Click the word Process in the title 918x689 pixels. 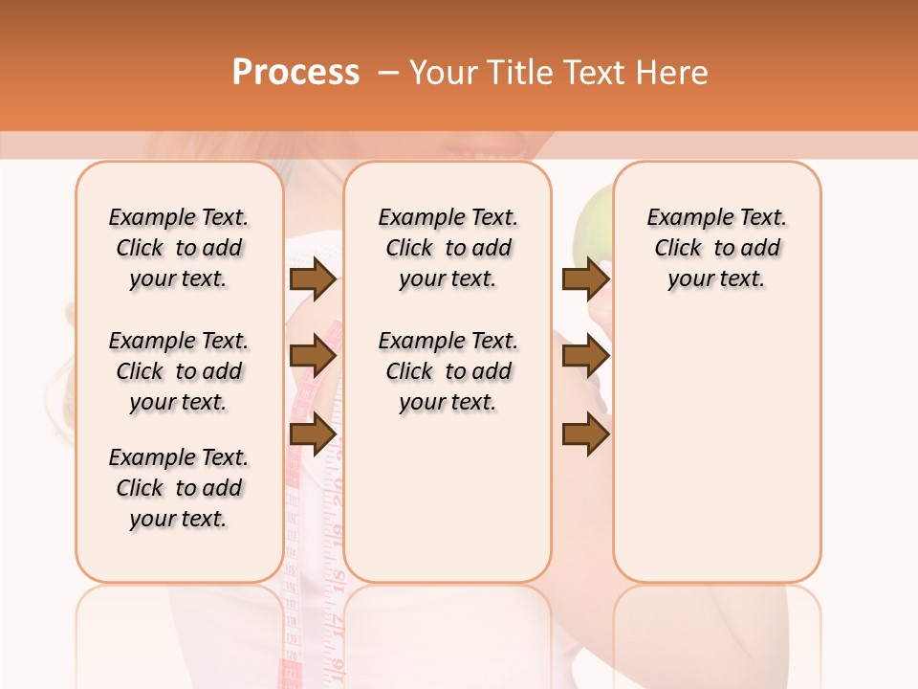coord(295,72)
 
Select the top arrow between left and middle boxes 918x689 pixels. coord(313,279)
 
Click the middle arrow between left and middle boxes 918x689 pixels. coord(313,357)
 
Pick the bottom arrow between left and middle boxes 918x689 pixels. coord(313,434)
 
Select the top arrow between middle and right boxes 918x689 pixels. coord(585,279)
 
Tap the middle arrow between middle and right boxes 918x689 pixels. coord(585,357)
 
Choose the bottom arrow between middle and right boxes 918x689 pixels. coord(585,434)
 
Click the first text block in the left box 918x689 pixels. coord(179,248)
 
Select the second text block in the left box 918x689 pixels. coord(179,371)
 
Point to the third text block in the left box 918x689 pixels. coord(179,488)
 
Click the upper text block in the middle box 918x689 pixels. coord(448,248)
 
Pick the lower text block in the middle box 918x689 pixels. coord(448,371)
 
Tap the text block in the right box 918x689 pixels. coord(717,248)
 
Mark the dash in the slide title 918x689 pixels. coord(387,72)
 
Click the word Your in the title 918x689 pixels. coord(447,72)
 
